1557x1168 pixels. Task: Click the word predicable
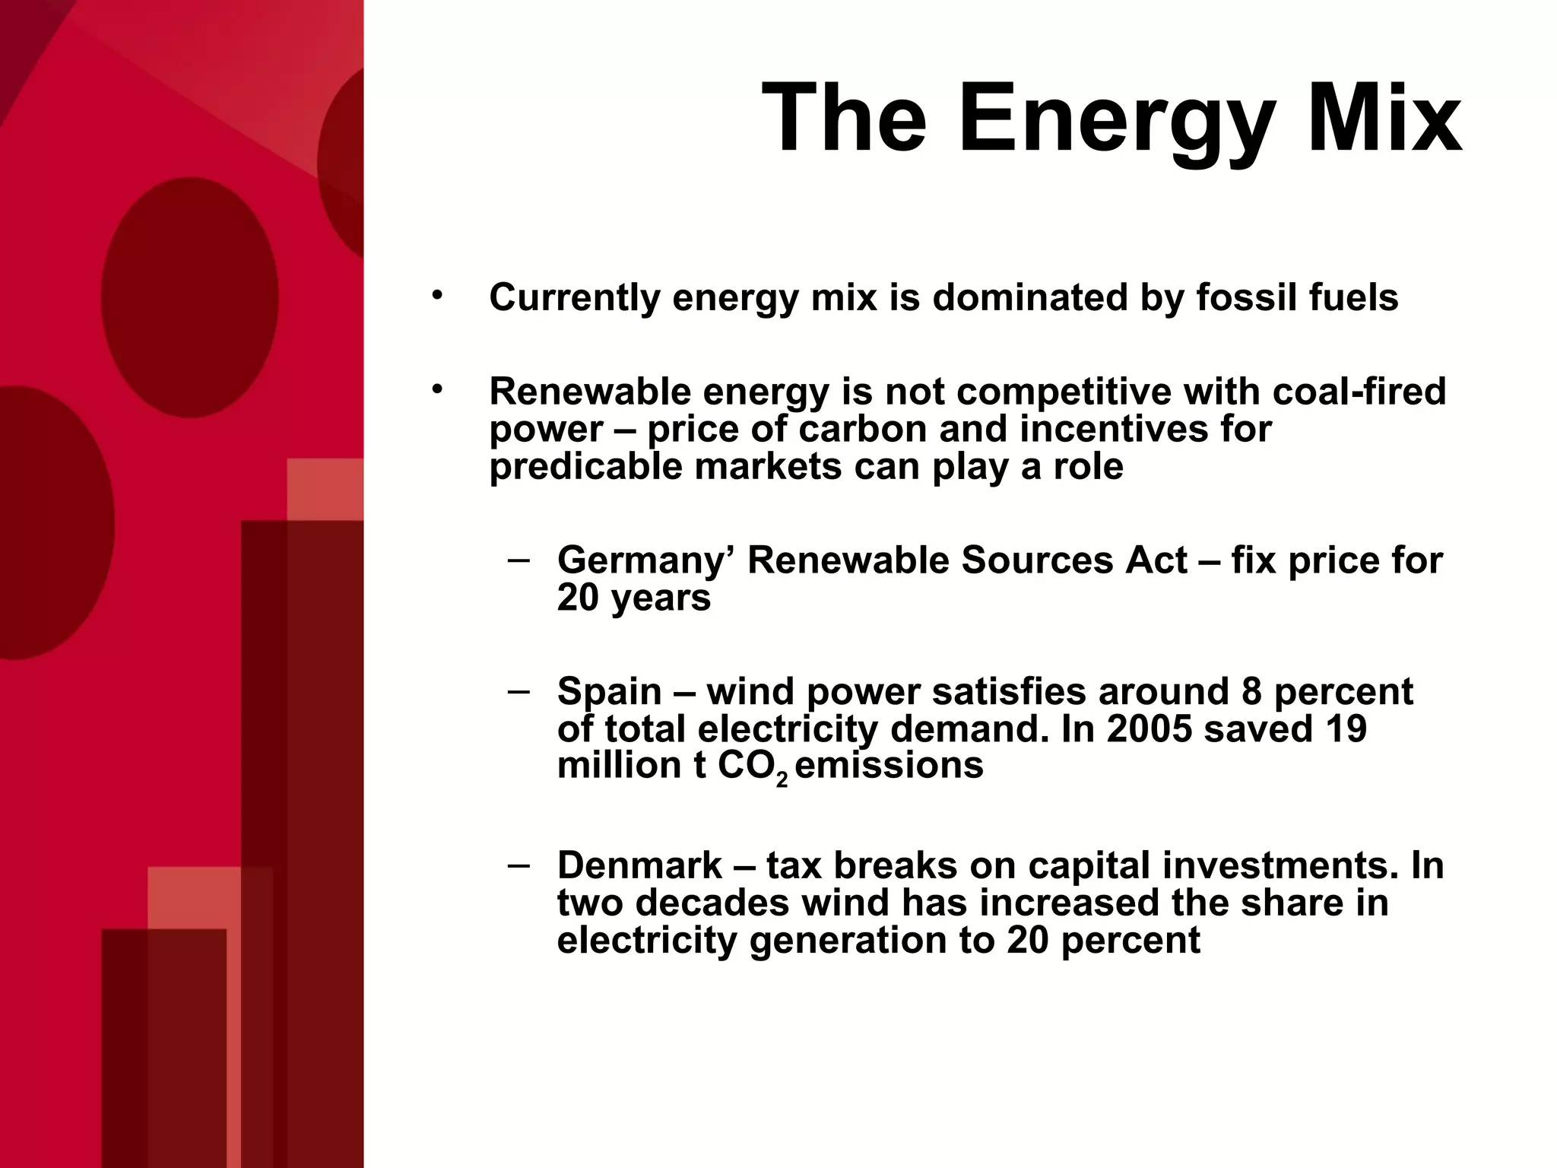pos(585,466)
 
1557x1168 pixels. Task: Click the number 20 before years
pos(578,598)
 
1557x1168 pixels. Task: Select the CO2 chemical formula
pos(752,767)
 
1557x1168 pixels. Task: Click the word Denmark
pos(639,865)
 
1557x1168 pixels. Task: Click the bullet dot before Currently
pos(436,295)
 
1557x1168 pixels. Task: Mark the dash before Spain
pos(519,691)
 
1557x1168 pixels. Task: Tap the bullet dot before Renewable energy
pos(436,390)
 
